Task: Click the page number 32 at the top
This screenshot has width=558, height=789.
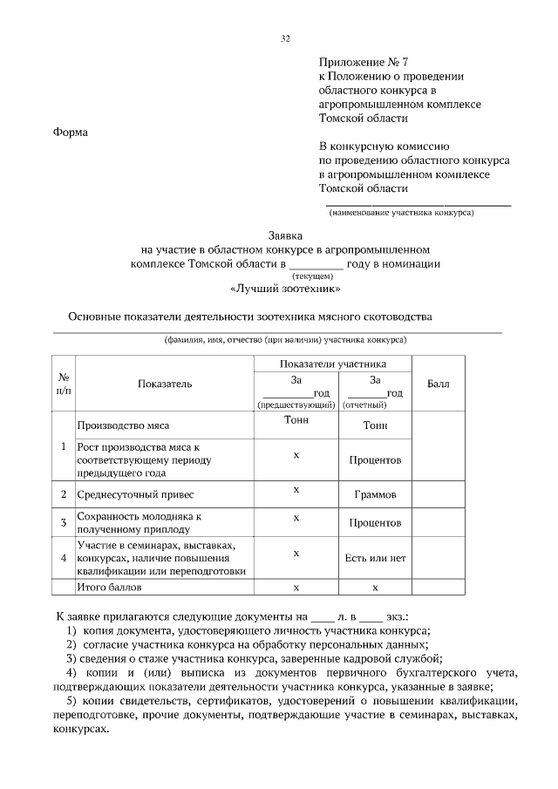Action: point(285,38)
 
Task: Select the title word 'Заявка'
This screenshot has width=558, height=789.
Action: point(284,235)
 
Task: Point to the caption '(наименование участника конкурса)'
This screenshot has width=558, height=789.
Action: point(401,212)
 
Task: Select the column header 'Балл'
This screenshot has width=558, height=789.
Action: point(438,384)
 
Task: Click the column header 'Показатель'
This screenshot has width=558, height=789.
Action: point(165,384)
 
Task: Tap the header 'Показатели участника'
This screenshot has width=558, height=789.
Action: point(332,364)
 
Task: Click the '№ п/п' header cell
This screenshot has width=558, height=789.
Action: point(64,384)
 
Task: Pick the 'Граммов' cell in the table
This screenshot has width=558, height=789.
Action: point(375,494)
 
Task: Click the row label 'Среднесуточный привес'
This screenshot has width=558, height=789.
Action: point(127,494)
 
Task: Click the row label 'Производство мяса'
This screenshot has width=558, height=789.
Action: point(123,425)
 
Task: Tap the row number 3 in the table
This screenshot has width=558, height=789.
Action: point(64,522)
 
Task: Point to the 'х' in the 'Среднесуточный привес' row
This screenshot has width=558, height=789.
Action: point(296,490)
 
